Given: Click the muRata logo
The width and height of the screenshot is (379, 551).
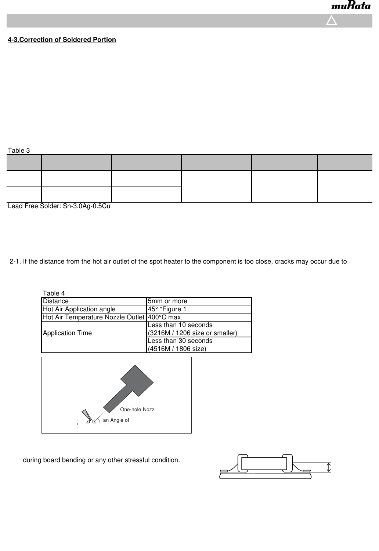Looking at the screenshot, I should (351, 7).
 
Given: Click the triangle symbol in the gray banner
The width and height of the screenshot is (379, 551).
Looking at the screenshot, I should (332, 21).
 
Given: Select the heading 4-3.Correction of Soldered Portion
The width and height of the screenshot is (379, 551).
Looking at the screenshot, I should (62, 40).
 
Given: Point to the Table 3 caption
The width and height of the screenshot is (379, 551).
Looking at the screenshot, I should (19, 151).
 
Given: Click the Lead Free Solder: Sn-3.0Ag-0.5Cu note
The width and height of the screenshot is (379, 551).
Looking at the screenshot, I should (59, 206).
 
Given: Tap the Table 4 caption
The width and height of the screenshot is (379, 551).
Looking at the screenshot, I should (54, 293).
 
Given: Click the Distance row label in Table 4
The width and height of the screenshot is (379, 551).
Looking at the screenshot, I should (56, 301).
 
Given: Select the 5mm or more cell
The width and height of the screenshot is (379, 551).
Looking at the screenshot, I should (167, 301).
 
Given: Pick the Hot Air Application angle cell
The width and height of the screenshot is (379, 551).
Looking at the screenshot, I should (79, 309).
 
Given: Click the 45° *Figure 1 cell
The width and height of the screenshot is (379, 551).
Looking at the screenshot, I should (167, 309).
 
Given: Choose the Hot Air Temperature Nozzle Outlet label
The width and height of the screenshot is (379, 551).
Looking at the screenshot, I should (94, 317).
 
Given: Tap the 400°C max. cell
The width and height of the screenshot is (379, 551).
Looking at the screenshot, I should (165, 317).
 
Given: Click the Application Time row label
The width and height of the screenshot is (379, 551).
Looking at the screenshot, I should (67, 333).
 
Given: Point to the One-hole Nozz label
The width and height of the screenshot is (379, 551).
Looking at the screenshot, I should (137, 409).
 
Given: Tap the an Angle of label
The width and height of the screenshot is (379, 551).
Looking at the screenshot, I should (116, 420).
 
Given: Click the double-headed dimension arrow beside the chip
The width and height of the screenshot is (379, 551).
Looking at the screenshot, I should (329, 467).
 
